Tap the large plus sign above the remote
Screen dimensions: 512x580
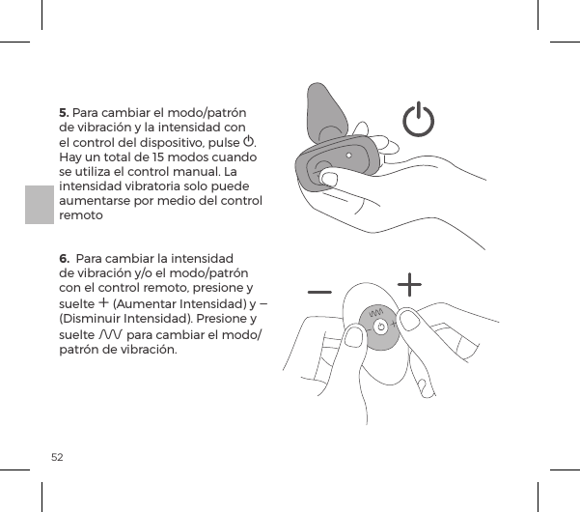pyautogui.click(x=410, y=284)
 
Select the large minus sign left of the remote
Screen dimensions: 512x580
pyautogui.click(x=320, y=290)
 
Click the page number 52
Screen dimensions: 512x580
pyautogui.click(x=58, y=455)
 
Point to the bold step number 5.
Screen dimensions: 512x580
pyautogui.click(x=65, y=111)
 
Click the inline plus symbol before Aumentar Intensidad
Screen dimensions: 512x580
pyautogui.click(x=103, y=303)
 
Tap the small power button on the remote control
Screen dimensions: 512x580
pyautogui.click(x=381, y=327)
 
